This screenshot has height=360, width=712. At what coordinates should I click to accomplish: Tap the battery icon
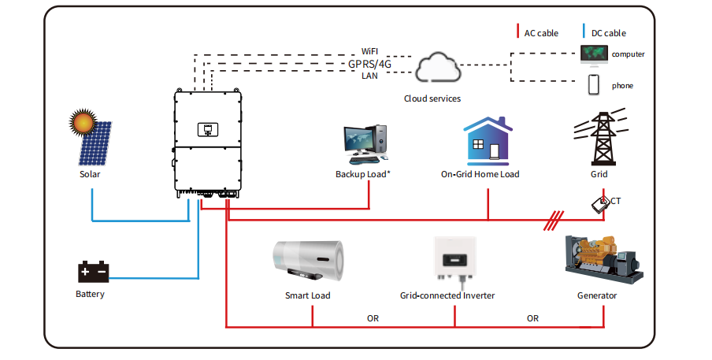(92, 272)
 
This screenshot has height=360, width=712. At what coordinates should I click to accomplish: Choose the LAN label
(369, 76)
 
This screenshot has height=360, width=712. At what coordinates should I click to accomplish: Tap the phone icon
(595, 85)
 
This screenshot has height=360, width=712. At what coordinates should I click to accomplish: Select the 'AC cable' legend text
(541, 33)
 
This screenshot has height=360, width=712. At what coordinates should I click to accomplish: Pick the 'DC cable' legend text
(609, 33)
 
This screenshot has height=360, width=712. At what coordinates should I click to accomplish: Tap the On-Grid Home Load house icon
(483, 142)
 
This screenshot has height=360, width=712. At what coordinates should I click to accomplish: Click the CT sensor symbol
(600, 203)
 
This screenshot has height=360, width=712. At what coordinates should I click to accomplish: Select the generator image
(603, 259)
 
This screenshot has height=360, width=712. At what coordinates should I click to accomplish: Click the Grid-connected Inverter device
(454, 258)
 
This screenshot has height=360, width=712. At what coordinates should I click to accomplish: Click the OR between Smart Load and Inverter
(373, 318)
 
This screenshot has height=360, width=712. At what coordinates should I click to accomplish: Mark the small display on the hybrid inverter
(209, 129)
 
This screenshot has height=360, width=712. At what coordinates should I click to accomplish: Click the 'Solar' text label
(90, 174)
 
